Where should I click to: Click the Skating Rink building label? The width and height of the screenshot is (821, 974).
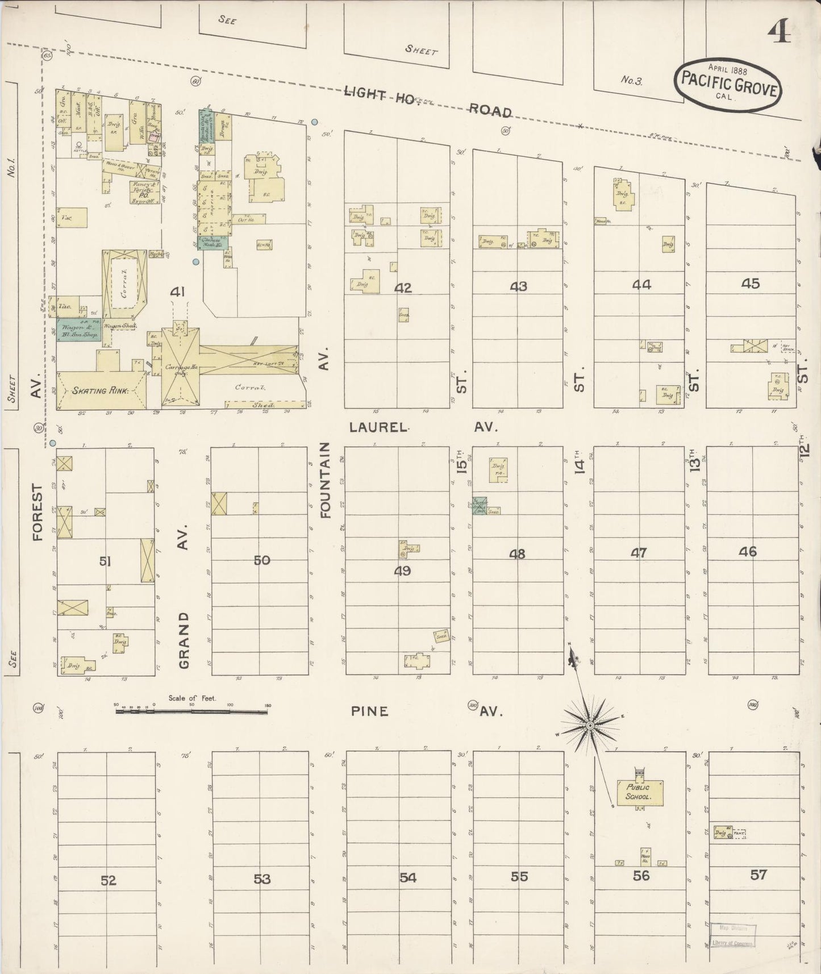point(100,390)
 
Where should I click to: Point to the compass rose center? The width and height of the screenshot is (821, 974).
point(590,726)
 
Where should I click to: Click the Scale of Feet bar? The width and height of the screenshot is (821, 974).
point(191,710)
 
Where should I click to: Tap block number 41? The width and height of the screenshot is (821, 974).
point(178,292)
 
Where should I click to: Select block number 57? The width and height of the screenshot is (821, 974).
point(759,875)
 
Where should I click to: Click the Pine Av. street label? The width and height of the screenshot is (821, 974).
point(369,711)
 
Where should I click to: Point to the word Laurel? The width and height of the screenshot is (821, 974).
point(379,427)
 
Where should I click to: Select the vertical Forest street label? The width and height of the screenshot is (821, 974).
point(37,512)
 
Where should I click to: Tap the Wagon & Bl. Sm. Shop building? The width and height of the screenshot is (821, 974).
point(78,331)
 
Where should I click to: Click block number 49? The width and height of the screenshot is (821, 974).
point(402,571)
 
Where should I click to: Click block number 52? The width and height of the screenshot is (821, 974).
point(108,880)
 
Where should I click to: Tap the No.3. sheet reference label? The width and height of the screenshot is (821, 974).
point(631,80)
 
